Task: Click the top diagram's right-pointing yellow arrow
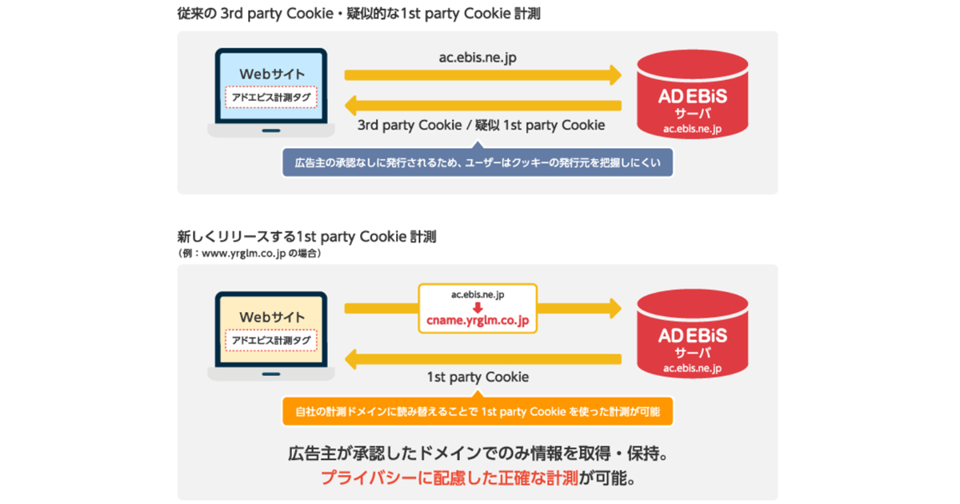(x=483, y=75)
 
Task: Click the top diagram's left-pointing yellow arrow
(x=483, y=106)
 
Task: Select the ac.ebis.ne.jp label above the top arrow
(x=478, y=58)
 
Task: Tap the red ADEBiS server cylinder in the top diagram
(x=693, y=94)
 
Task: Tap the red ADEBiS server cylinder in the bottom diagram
(x=693, y=334)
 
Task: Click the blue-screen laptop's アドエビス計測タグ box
(x=271, y=98)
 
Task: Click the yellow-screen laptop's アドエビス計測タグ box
(x=271, y=340)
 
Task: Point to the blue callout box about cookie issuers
(x=478, y=162)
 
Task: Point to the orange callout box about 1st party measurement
(x=478, y=410)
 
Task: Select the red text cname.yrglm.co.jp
(x=478, y=320)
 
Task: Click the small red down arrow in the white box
(x=478, y=307)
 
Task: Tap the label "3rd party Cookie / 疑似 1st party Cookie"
(x=482, y=125)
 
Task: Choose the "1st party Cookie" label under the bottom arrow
(x=478, y=377)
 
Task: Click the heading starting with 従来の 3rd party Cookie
(x=358, y=14)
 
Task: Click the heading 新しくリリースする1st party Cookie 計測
(x=307, y=237)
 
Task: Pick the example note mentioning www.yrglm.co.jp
(x=250, y=254)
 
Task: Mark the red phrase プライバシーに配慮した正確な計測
(x=450, y=478)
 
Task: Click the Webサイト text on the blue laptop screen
(x=272, y=74)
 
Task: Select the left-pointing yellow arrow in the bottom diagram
(x=483, y=359)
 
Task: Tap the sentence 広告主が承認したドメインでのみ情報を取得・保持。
(x=478, y=454)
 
